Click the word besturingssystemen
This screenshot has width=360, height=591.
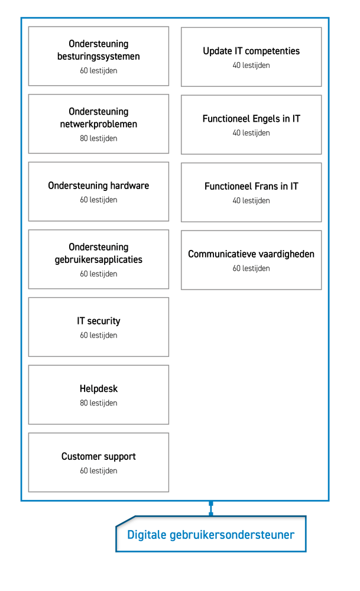98,57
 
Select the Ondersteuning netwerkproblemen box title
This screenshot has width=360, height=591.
98,118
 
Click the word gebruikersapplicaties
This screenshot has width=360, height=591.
98,259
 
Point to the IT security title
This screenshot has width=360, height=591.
98,321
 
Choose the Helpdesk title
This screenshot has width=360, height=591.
98,389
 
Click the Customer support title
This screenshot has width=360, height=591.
98,456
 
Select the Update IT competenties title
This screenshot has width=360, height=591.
251,51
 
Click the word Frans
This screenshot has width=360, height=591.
266,186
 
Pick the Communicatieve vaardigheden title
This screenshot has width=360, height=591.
251,254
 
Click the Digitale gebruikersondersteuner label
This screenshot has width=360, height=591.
210,534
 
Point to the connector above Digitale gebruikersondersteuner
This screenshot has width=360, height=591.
210,508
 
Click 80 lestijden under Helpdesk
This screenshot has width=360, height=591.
98,403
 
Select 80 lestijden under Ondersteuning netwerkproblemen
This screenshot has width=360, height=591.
98,138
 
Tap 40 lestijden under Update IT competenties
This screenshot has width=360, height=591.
251,65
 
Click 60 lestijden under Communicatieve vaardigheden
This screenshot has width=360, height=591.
251,268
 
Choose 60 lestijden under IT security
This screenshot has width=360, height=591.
98,335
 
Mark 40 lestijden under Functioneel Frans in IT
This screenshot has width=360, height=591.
251,200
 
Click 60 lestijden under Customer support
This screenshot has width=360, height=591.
98,471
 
